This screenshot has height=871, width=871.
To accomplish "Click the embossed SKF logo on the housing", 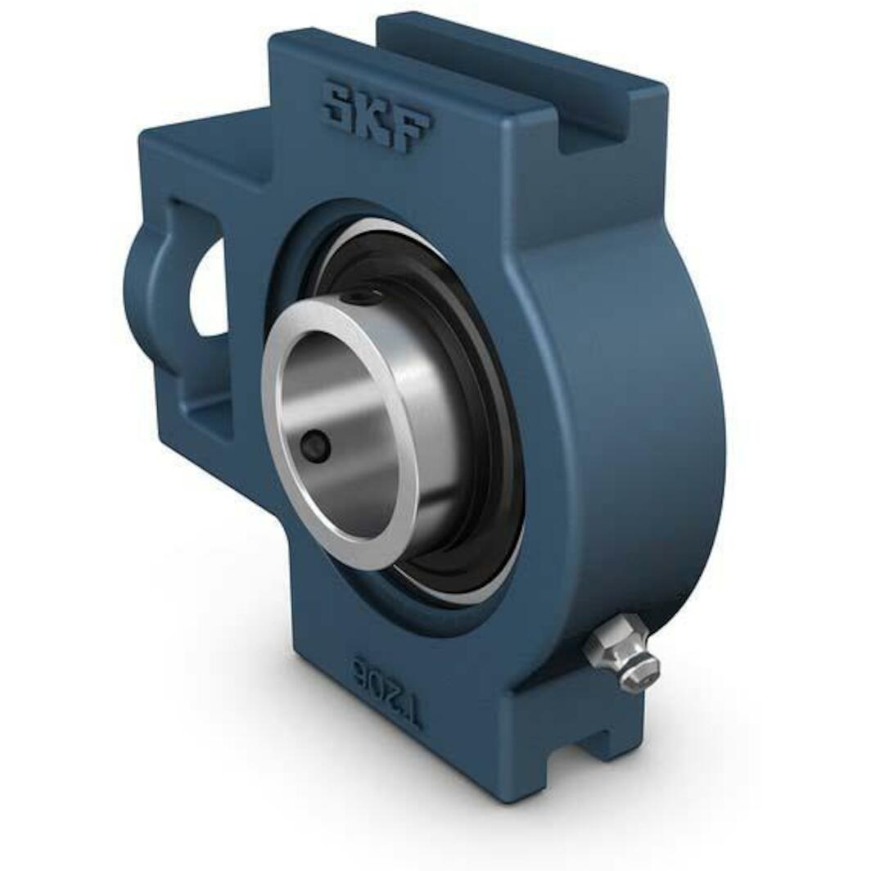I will pyautogui.click(x=377, y=114).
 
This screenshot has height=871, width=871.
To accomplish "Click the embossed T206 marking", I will pyautogui.click(x=386, y=688).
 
